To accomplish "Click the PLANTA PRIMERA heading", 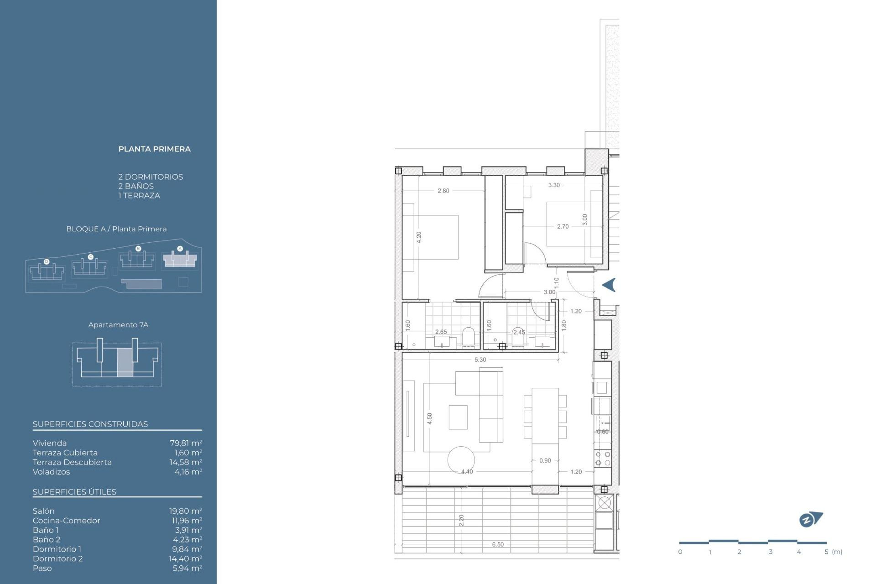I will click(x=154, y=149).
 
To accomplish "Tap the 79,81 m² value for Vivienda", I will click(x=186, y=443).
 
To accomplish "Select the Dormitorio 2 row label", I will click(x=57, y=558).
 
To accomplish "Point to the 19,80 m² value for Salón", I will click(x=186, y=511).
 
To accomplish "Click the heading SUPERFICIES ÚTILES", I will click(x=74, y=492).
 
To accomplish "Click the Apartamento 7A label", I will click(x=118, y=325).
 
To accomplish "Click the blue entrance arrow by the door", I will click(x=610, y=285).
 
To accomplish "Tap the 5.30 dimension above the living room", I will click(x=480, y=360).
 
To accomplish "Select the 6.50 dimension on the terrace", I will click(x=498, y=544).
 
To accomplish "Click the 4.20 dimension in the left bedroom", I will click(x=419, y=237).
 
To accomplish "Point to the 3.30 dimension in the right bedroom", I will click(x=554, y=185).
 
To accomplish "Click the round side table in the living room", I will click(x=461, y=459).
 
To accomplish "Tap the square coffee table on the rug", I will click(x=458, y=417).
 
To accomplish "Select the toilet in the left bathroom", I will click(x=469, y=337).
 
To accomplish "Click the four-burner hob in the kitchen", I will click(x=603, y=459).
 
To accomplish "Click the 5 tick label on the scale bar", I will click(x=826, y=552).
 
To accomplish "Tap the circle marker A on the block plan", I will click(x=180, y=249).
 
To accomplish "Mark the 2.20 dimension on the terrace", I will click(x=461, y=520).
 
